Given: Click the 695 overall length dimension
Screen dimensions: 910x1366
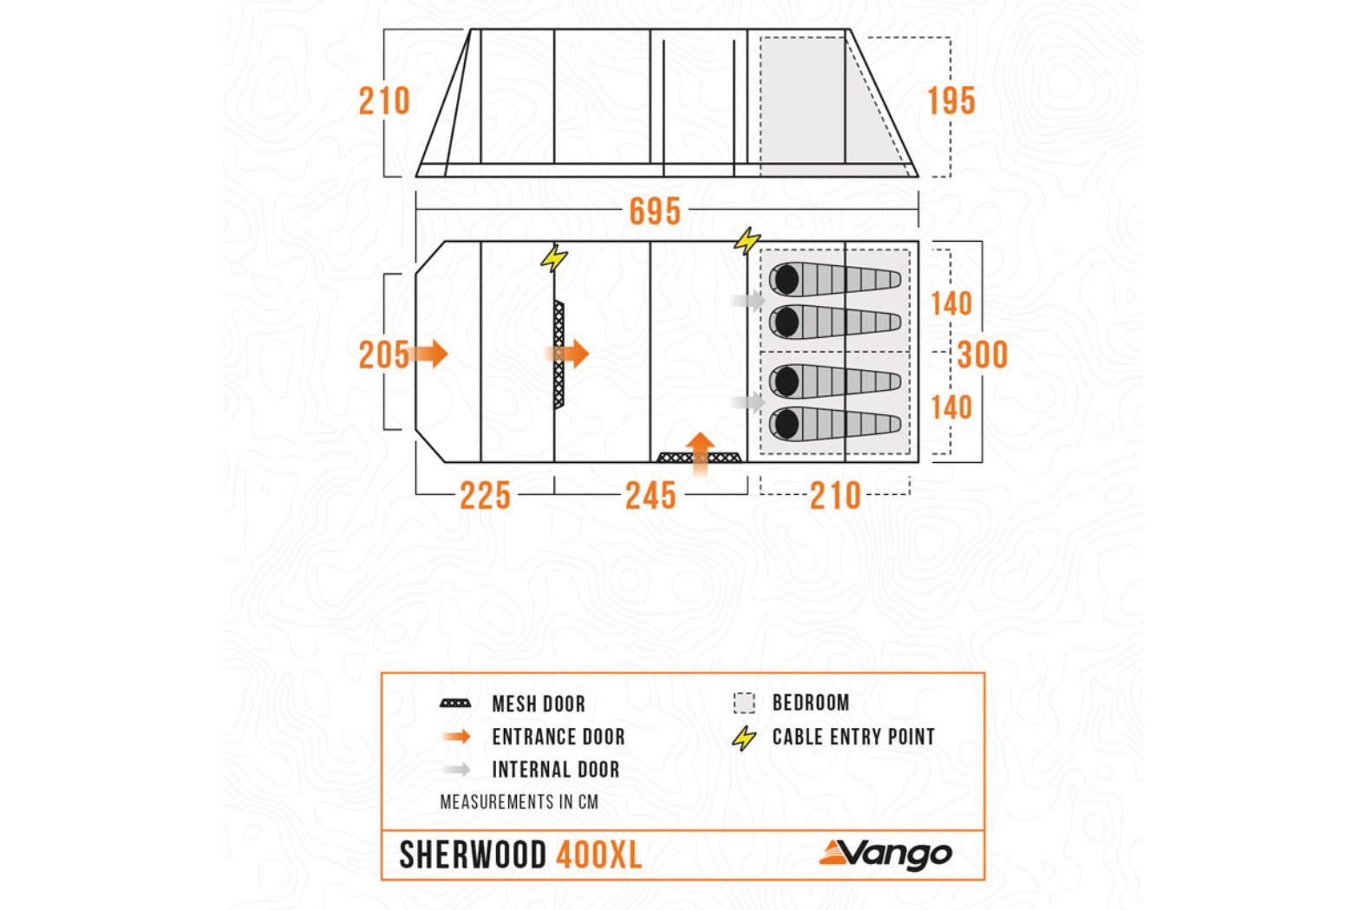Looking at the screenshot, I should click(655, 211).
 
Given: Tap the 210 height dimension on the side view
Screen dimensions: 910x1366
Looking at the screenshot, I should click(384, 101).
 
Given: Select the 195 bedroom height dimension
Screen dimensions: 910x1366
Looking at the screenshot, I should click(951, 101).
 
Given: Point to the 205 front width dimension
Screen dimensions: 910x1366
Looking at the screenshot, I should click(383, 354).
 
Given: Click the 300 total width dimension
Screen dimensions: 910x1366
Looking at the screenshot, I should click(983, 354).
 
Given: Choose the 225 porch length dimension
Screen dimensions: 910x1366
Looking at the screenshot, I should click(485, 496).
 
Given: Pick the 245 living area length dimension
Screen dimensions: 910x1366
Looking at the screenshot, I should click(650, 496).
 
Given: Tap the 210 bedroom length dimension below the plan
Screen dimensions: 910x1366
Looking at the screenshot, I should click(835, 496).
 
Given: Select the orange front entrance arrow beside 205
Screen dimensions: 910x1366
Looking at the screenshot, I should click(431, 354).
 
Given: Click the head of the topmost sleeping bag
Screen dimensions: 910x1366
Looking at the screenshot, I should click(787, 280).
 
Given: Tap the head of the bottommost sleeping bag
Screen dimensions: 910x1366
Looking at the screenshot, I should click(787, 425).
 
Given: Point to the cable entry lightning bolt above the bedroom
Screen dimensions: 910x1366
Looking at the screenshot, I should click(747, 240).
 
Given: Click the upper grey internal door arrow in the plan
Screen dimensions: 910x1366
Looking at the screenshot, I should click(747, 301).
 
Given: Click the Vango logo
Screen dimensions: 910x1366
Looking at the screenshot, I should click(886, 855).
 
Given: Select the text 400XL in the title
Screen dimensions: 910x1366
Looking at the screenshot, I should click(598, 855).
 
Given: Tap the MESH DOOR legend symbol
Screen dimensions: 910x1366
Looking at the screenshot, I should click(455, 704).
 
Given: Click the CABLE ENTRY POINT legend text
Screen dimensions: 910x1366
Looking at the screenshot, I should click(853, 737).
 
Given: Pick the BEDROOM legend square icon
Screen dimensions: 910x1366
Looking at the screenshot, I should click(744, 703).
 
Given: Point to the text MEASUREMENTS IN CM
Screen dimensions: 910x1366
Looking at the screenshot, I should click(519, 802).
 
